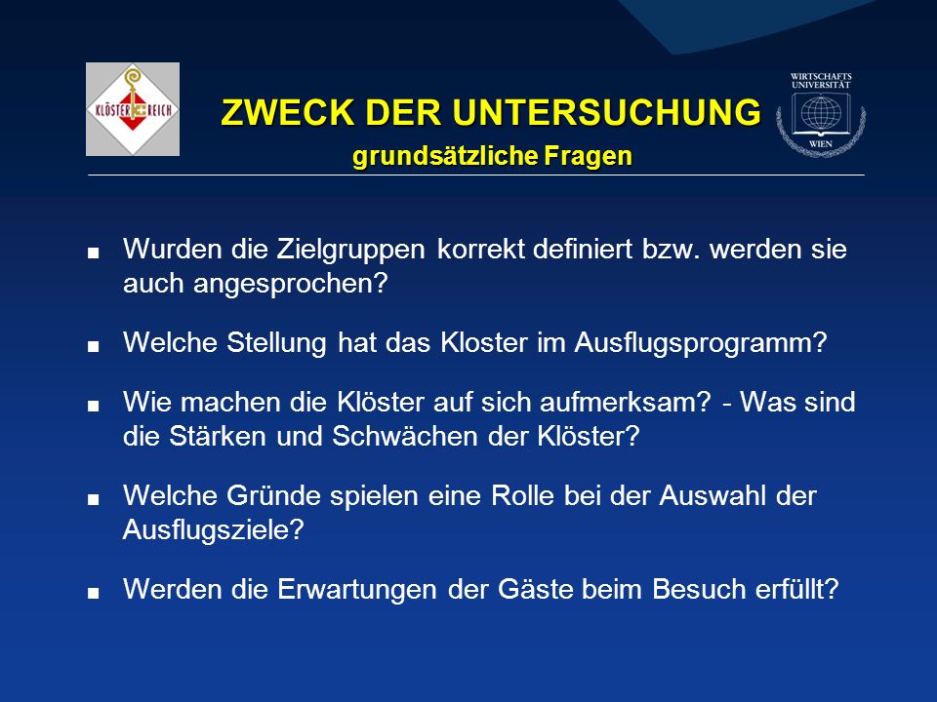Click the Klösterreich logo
(x=133, y=109)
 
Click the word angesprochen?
(x=291, y=284)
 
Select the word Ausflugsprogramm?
(x=701, y=343)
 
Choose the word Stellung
(x=276, y=343)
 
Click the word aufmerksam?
(x=626, y=402)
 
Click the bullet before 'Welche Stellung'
(x=93, y=346)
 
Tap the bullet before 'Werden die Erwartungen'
(x=93, y=594)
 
